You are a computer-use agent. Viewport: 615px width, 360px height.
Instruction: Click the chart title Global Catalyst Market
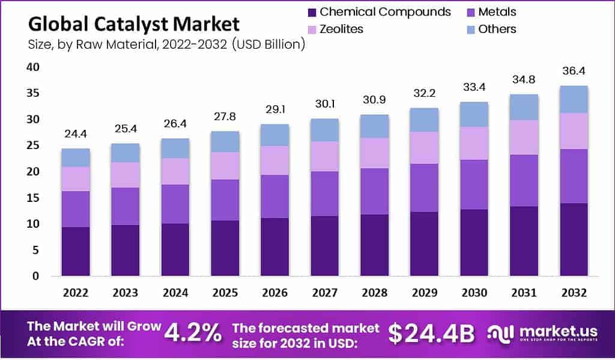pos(133,24)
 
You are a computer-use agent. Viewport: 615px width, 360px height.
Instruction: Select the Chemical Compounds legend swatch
pos(311,12)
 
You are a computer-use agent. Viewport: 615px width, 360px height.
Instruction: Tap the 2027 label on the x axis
pos(324,293)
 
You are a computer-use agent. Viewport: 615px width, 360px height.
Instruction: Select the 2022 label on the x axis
pos(75,293)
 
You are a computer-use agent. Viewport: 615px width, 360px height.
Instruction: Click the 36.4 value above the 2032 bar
pos(573,71)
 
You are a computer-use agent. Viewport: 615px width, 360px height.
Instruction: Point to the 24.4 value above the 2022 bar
pos(75,133)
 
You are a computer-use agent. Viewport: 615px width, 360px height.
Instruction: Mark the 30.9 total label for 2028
pos(374,100)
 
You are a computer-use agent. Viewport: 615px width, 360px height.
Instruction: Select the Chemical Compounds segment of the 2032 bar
pos(573,239)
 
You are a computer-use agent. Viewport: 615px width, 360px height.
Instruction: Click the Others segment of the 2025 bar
pos(225,141)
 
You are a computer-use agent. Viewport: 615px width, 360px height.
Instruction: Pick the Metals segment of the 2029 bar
pos(424,188)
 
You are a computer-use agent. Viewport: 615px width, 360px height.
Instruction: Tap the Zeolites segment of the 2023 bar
pos(125,174)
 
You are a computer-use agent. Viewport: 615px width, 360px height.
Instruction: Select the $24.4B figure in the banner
pos(431,334)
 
